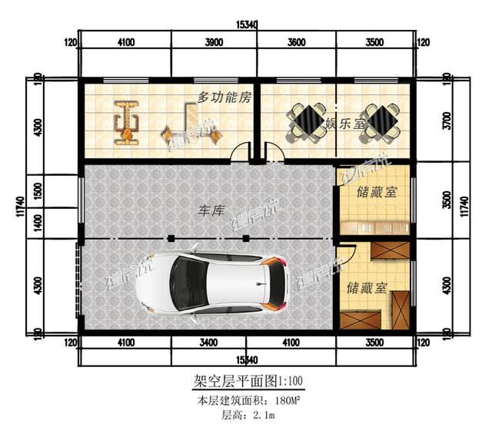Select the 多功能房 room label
coord(224,98)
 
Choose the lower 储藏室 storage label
coord(367,288)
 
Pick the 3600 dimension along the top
coord(297,43)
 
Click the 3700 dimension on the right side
coord(446,121)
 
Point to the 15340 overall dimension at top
coord(246,26)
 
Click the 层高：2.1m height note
coord(246,415)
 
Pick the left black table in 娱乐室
coord(307,121)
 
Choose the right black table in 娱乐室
coord(381,121)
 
